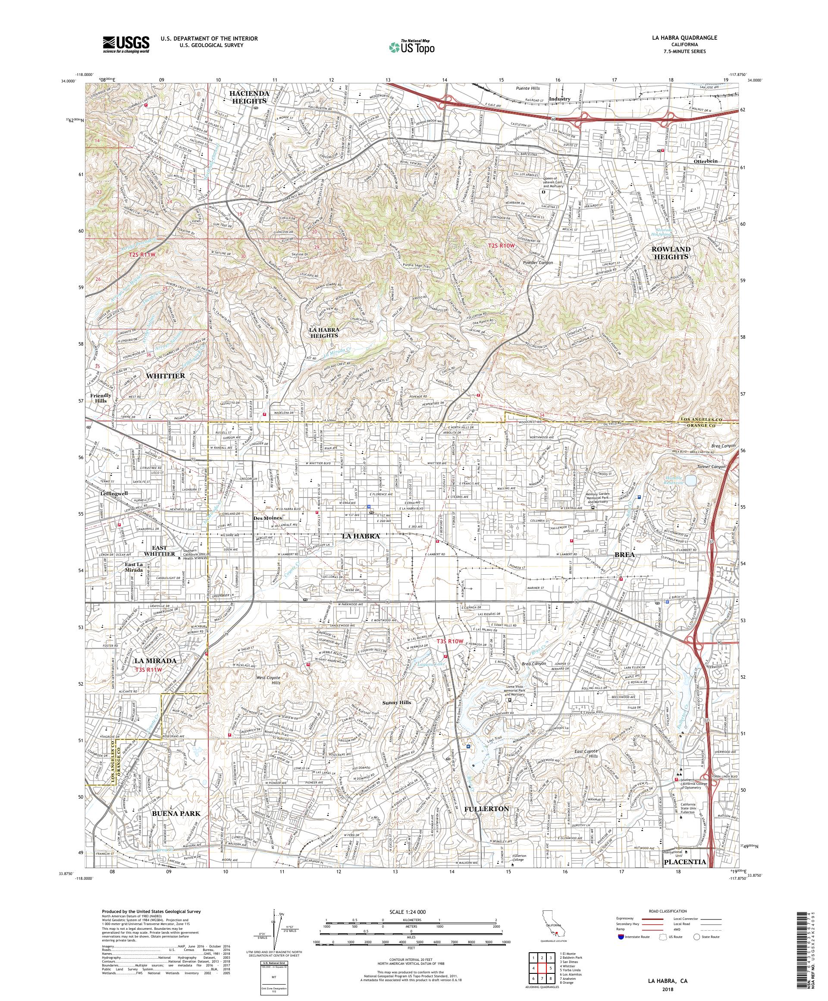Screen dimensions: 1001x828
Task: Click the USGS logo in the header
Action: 126,44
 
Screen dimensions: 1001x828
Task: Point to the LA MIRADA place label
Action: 155,661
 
